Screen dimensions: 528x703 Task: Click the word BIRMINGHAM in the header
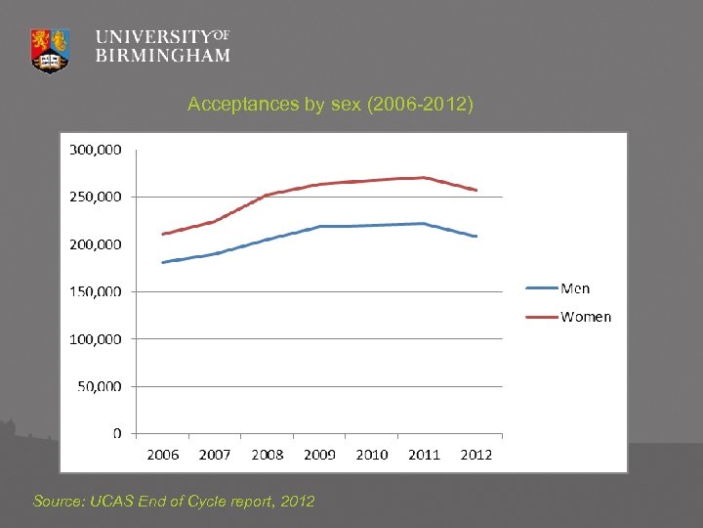click(162, 56)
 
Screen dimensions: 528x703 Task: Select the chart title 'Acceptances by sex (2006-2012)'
click(330, 104)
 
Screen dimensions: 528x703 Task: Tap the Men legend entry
click(574, 288)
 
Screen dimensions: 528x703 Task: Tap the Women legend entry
click(585, 317)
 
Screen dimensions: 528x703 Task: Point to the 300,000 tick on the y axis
click(95, 150)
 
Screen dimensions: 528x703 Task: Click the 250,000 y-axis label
click(95, 197)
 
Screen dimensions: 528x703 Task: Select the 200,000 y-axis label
click(95, 244)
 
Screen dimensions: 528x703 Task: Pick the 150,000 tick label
click(95, 291)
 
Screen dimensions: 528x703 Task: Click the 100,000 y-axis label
click(95, 338)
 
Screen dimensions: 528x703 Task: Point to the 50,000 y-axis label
click(99, 386)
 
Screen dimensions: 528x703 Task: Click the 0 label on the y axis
click(117, 433)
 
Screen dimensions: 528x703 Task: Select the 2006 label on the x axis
click(162, 455)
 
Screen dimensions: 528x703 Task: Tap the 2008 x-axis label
click(267, 455)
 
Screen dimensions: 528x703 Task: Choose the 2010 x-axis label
click(371, 455)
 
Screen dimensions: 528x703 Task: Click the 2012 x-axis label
click(476, 455)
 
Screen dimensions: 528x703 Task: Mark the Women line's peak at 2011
click(423, 177)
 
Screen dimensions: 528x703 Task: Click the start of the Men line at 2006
click(163, 262)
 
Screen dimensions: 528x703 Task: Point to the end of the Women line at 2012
click(476, 190)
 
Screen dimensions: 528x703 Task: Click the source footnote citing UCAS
click(174, 501)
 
